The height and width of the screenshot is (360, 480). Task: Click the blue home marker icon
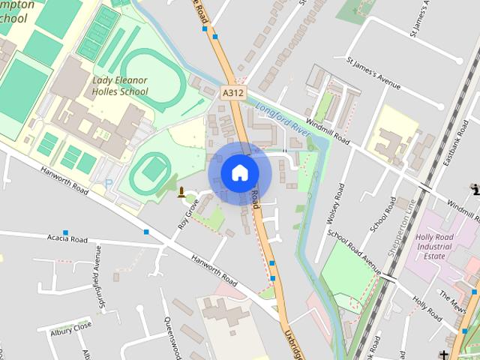(240, 172)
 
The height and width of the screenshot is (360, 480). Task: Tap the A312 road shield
(233, 92)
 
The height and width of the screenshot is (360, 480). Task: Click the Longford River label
(283, 119)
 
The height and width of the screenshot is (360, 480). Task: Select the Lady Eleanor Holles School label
(120, 85)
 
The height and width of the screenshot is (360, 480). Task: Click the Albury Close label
(70, 327)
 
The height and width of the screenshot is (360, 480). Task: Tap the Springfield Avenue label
(97, 268)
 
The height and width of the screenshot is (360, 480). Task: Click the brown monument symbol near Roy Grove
(181, 193)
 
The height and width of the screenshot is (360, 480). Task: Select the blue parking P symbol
(108, 184)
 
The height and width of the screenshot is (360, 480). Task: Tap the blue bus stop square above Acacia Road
(66, 232)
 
